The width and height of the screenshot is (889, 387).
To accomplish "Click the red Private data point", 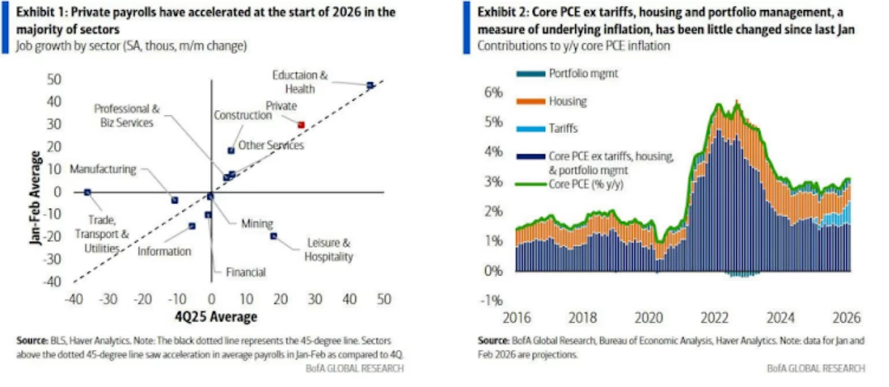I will (301, 124).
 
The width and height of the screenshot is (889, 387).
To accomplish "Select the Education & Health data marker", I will (370, 85).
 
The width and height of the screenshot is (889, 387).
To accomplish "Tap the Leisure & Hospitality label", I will (328, 249).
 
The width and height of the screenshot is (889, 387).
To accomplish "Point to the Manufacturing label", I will (103, 169).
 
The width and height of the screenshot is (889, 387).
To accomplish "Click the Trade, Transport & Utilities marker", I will (87, 192).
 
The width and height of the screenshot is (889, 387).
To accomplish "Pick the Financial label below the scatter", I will (245, 272).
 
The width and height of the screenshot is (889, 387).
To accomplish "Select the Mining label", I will (257, 224).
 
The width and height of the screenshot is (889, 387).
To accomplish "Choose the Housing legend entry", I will (567, 101).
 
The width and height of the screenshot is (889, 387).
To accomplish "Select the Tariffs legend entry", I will (563, 128).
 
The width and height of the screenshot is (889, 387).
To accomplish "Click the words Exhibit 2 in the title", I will (500, 13).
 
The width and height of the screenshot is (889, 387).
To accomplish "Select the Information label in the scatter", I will (164, 251).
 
